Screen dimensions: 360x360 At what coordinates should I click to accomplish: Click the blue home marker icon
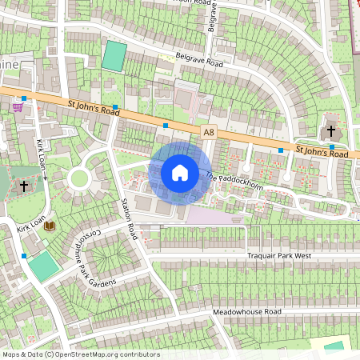[x=180, y=172]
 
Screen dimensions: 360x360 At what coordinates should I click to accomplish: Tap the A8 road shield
[x=208, y=132]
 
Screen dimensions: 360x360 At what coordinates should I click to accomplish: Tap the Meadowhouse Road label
[x=247, y=311]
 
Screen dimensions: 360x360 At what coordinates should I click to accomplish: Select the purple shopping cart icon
[x=18, y=106]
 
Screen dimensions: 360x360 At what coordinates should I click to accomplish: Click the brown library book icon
[x=50, y=226]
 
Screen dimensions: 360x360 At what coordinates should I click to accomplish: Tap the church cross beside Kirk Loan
[x=24, y=186]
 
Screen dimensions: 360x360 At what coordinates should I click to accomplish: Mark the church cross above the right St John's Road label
[x=330, y=130]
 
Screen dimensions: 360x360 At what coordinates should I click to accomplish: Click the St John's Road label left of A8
[x=94, y=107]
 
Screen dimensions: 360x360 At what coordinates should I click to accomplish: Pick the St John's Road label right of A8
[x=322, y=151]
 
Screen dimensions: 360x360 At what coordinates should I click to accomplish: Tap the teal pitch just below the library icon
[x=44, y=266]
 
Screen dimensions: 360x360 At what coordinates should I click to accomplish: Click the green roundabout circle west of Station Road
[x=79, y=178]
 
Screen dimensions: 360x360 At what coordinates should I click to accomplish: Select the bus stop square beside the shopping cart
[x=24, y=98]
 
